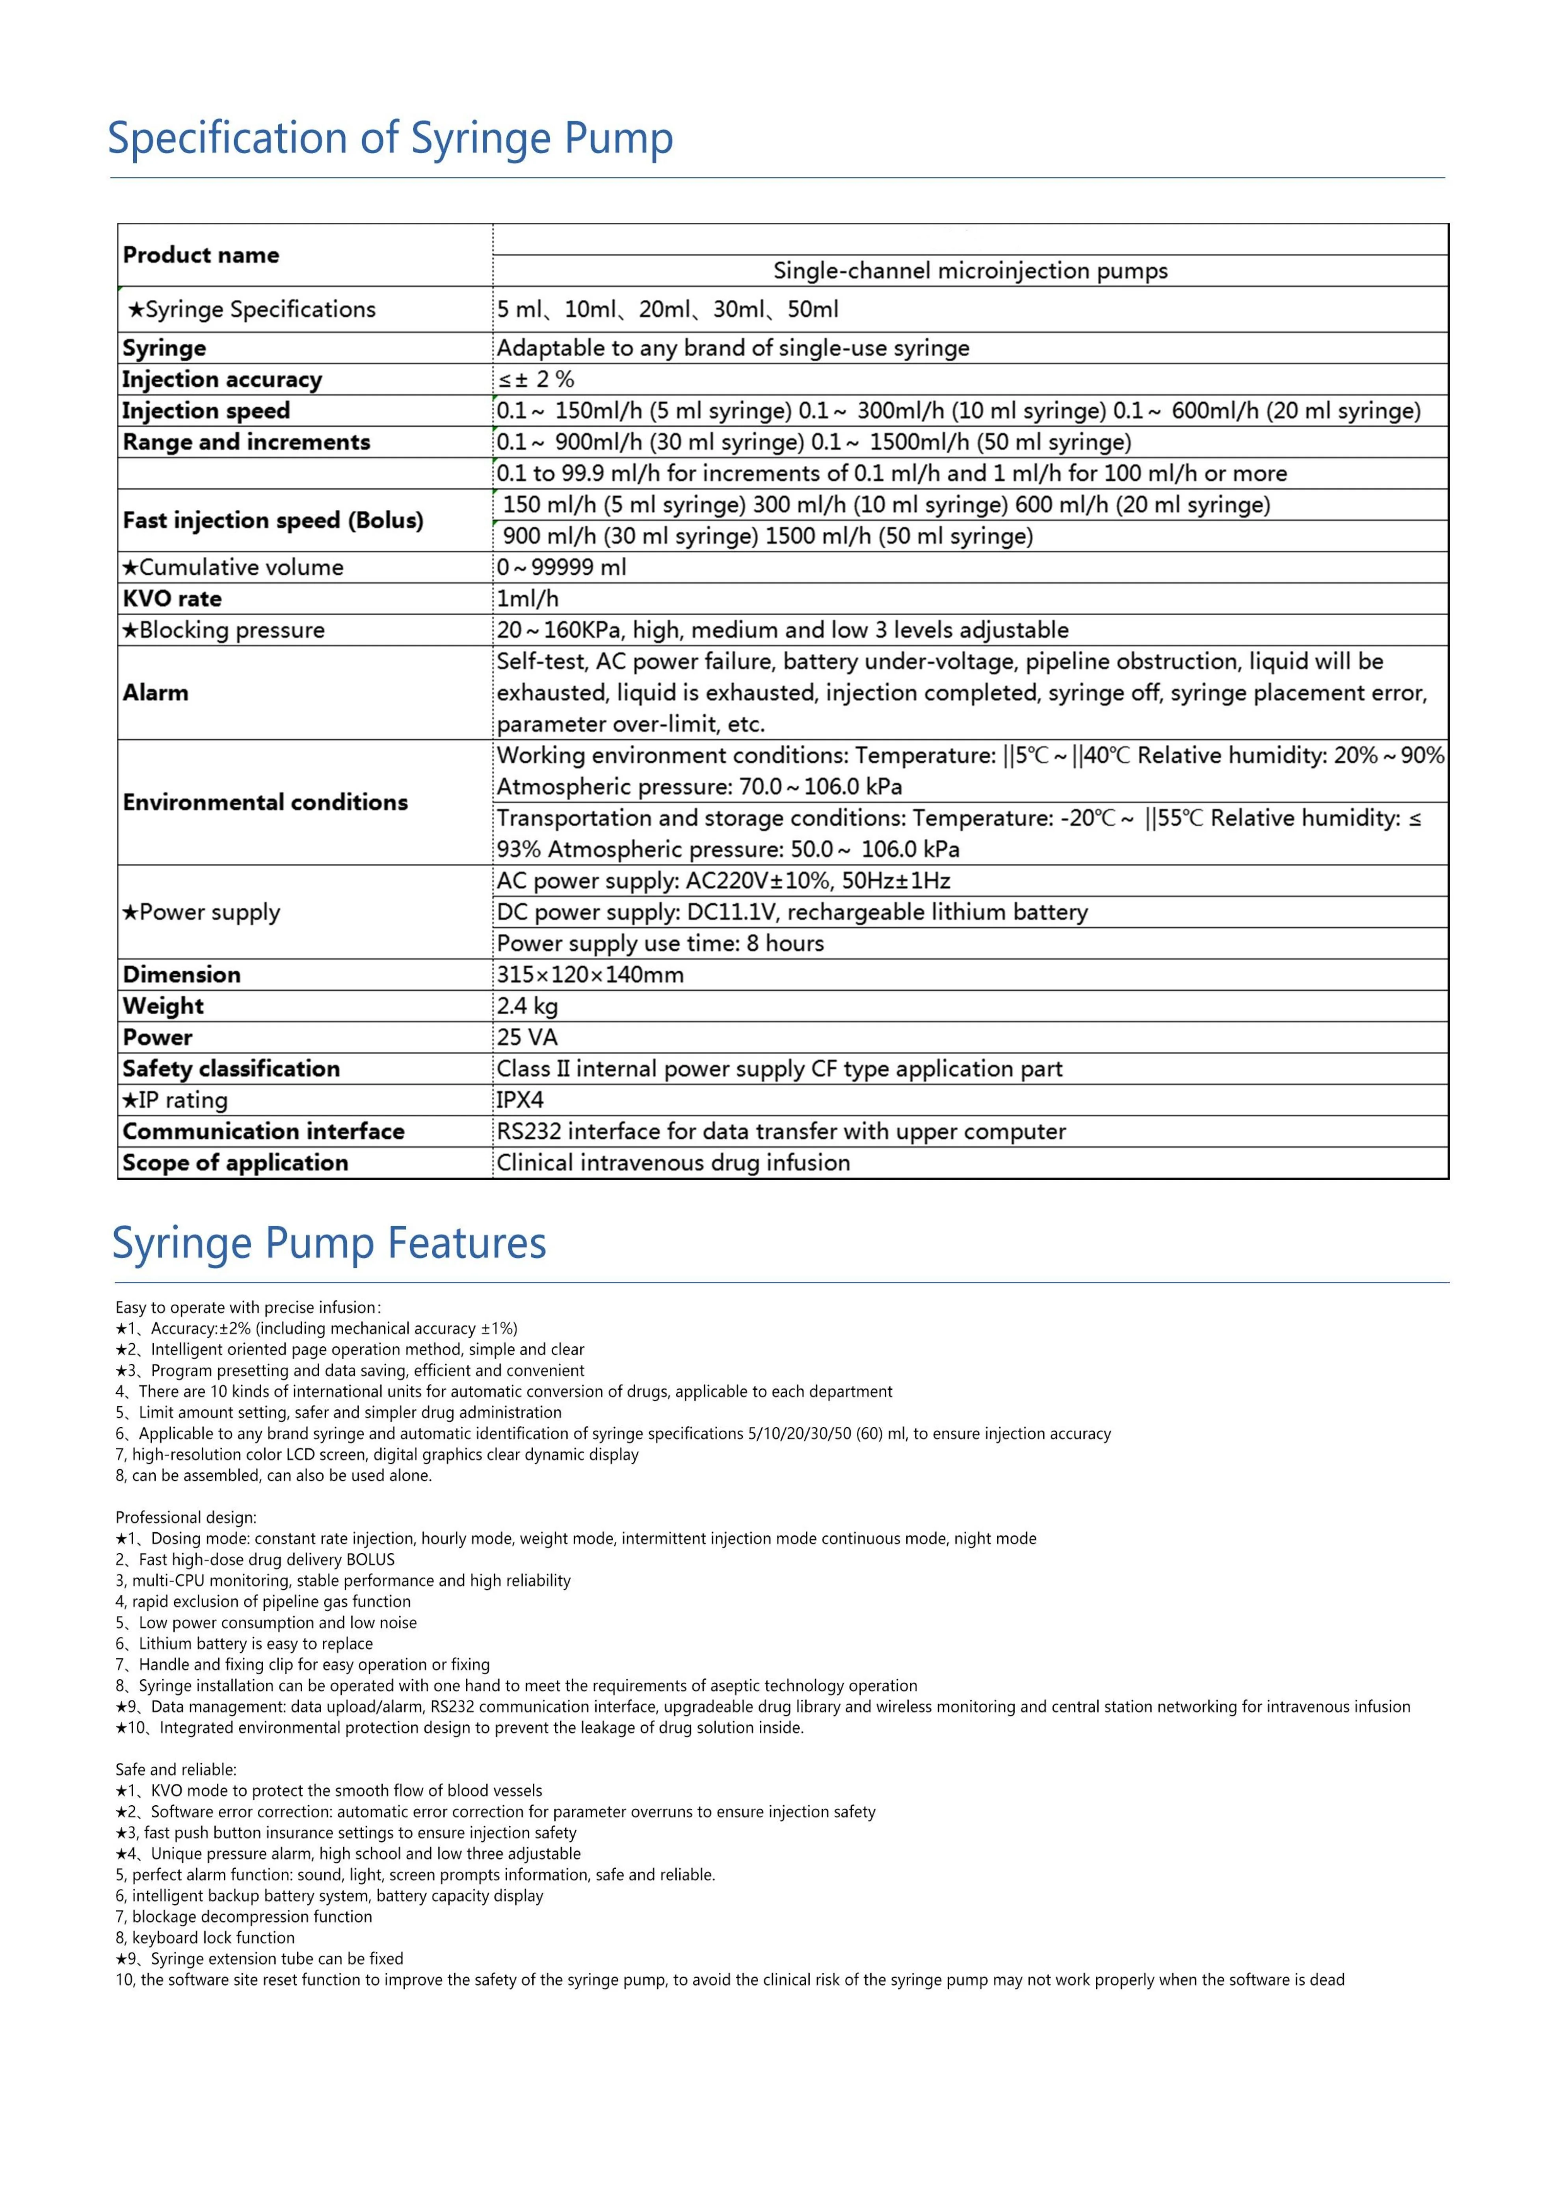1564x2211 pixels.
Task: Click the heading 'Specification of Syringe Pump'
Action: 390,139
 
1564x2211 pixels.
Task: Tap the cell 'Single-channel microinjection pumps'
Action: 970,271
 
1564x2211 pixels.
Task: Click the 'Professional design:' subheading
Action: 186,1518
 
